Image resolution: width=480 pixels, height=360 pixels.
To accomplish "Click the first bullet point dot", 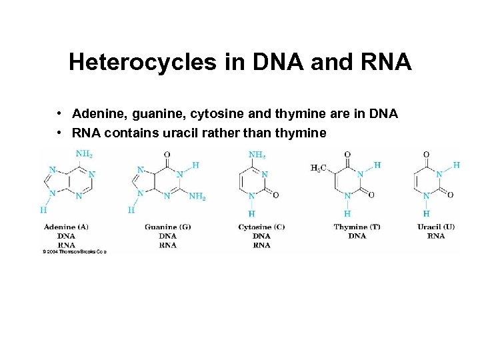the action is coord(60,114).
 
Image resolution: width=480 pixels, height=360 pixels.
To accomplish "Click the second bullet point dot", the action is coord(60,133).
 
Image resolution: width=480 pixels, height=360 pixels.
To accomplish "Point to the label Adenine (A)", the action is coord(66,227).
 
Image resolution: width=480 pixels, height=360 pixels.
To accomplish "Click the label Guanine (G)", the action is coord(167,227).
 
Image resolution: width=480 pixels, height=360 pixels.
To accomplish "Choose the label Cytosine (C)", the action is coord(261,227).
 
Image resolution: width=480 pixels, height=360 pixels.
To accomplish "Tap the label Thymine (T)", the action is coord(357,227).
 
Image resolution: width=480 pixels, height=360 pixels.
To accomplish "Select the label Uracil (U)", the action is coord(436,227).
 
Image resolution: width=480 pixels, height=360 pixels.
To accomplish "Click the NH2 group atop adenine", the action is coord(84,153).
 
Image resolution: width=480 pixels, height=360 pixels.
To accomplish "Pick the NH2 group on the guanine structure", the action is coord(197,196).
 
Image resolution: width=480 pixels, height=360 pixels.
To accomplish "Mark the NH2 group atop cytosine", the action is coord(257,154).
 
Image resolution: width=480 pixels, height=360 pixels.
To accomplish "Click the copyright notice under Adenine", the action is coord(75,252).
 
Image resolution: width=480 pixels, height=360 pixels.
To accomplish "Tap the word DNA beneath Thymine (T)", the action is coord(357,236).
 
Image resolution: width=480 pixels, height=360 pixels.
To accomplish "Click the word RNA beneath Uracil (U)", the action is coord(436,236).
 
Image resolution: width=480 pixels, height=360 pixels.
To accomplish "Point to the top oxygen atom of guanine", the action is coord(167,155).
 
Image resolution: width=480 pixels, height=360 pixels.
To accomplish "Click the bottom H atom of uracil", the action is coord(426,213).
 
